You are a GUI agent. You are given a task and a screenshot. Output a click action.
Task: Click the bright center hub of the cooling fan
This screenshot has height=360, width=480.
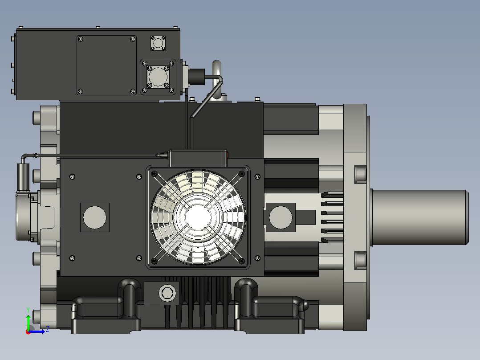(198, 217)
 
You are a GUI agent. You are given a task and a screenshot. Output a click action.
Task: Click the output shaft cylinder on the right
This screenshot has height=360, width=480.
(419, 217)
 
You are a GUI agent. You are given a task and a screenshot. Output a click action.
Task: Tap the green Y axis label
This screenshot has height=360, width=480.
(28, 310)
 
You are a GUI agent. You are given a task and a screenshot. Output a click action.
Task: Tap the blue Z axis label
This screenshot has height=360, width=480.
(48, 329)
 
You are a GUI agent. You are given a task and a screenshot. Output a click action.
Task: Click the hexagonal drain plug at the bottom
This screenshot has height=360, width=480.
(167, 293)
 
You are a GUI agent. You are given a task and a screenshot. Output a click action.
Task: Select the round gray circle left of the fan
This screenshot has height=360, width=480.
(94, 217)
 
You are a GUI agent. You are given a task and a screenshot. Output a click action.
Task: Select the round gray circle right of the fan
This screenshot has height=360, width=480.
(281, 217)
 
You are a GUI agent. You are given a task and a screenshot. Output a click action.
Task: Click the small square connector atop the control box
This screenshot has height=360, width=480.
(158, 43)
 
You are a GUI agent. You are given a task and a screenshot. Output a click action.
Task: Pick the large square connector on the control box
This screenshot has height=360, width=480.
(158, 77)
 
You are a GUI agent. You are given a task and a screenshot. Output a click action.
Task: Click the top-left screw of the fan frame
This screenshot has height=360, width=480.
(154, 174)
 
